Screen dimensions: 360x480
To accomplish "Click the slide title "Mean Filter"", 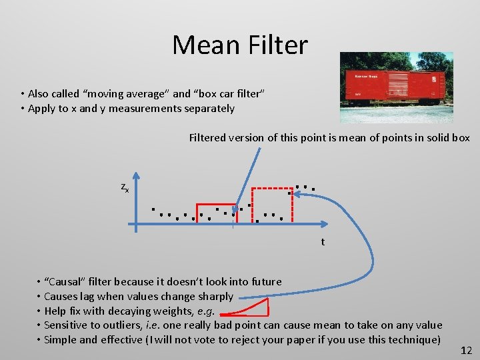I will (x=240, y=45).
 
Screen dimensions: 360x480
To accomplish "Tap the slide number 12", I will (x=467, y=350).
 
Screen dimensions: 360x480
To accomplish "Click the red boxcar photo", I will (x=396, y=87).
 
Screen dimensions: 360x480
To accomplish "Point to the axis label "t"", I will (x=323, y=242).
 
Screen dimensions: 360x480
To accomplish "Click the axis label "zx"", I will (x=125, y=188).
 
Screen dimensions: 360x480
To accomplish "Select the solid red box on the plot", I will (x=215, y=213).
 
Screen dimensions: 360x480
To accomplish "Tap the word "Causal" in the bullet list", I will (x=67, y=282).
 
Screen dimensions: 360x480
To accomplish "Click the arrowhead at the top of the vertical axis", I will (x=136, y=177).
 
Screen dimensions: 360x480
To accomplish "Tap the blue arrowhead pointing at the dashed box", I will (x=297, y=193).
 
